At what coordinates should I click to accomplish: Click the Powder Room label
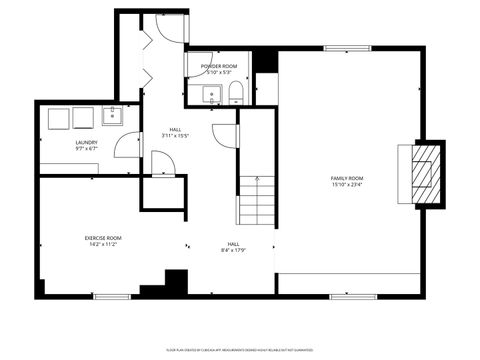click(x=218, y=66)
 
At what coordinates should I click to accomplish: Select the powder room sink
click(x=211, y=96)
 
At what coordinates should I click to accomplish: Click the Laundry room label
click(x=85, y=143)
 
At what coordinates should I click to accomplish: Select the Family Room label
click(x=347, y=178)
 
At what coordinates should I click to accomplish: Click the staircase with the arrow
click(x=256, y=200)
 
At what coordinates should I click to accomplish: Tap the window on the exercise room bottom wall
click(x=112, y=295)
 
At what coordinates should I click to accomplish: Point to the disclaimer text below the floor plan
click(x=239, y=349)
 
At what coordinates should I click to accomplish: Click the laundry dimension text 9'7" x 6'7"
click(x=85, y=149)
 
